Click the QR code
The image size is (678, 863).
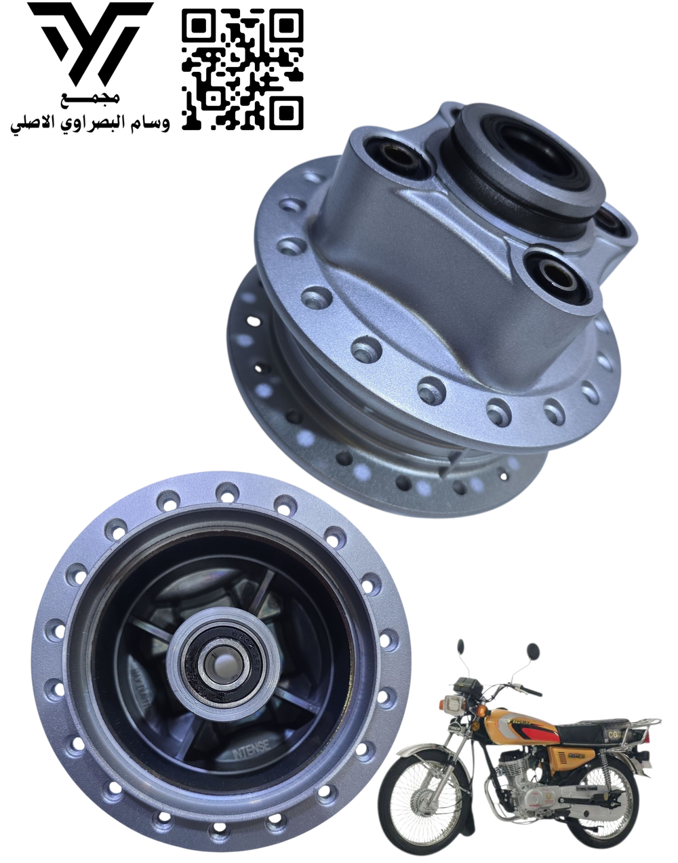tap(242, 70)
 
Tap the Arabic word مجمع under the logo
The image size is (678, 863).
tap(89, 100)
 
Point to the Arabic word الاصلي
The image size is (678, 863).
tap(33, 125)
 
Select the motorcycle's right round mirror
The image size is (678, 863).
tap(533, 650)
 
